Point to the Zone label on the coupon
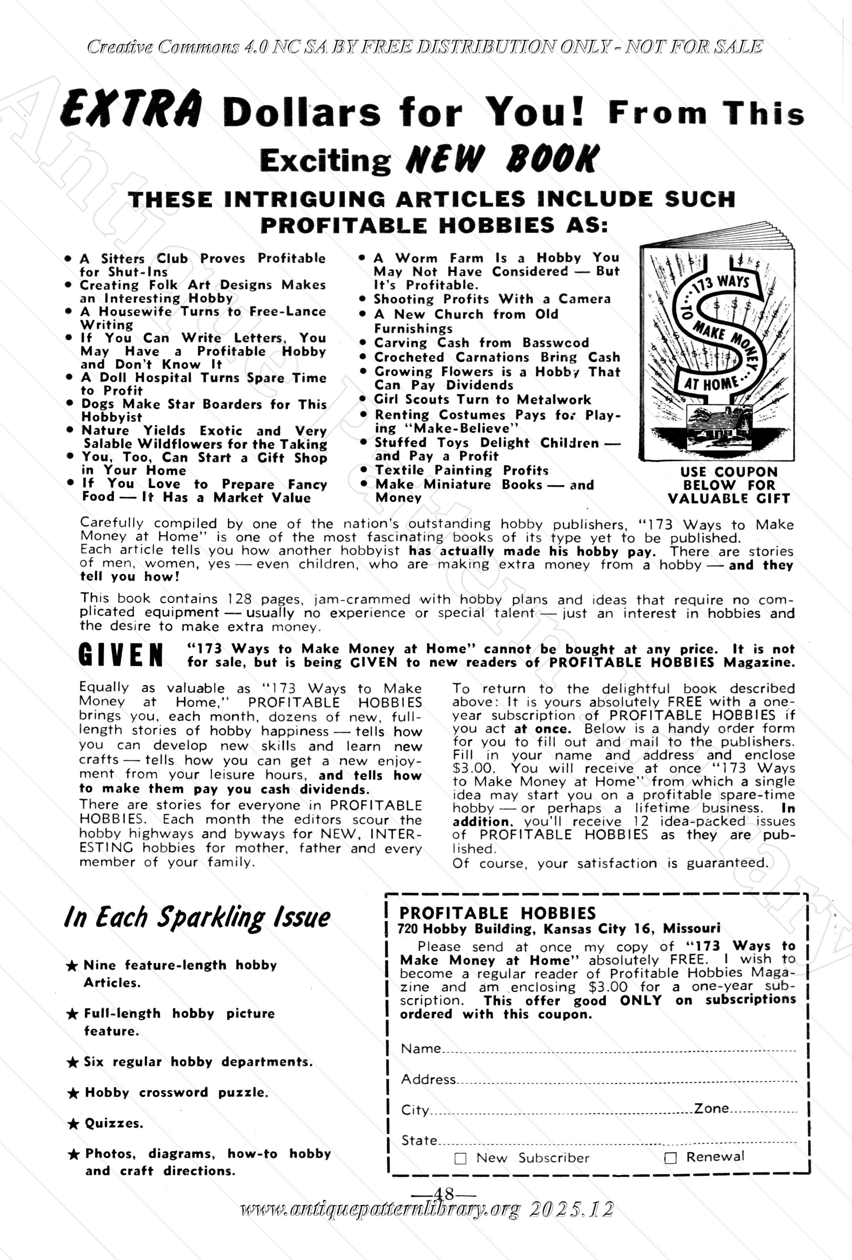tap(711, 1108)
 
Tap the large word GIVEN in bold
tap(120, 655)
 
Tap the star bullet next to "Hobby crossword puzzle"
tap(72, 1093)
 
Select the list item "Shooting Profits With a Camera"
tap(492, 299)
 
